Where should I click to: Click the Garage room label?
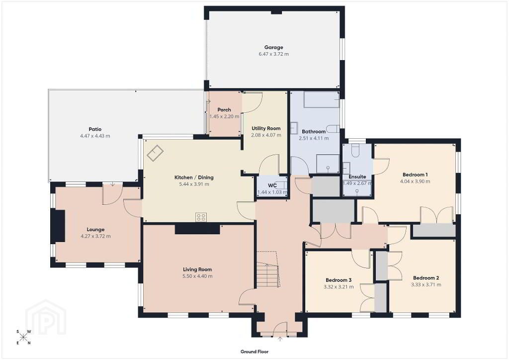point(274,47)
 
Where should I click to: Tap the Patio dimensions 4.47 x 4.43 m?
point(95,136)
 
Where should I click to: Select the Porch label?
point(224,110)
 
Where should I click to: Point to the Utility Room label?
point(266,129)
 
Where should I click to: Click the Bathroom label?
point(314,131)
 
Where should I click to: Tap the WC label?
point(272,185)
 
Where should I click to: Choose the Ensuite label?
point(357,177)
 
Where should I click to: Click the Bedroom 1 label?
point(415,175)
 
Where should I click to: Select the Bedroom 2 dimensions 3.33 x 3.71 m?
point(426,285)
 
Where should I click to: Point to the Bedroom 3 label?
point(339,280)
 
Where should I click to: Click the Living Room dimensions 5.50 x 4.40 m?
point(197,276)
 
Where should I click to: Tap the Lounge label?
point(96,230)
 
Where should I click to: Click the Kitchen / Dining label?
point(194,177)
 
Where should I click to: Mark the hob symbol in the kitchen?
point(201,217)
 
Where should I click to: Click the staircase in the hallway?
point(268,269)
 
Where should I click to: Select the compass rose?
point(23,337)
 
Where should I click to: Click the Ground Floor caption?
point(254,352)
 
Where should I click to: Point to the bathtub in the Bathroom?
point(322,99)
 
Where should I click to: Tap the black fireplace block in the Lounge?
point(58,226)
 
